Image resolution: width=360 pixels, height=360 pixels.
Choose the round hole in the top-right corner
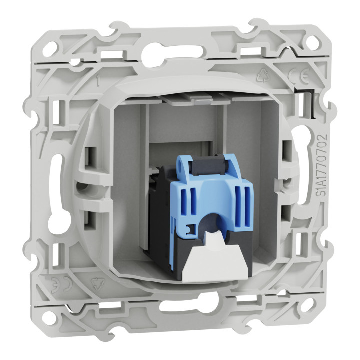[x=311, y=41]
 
